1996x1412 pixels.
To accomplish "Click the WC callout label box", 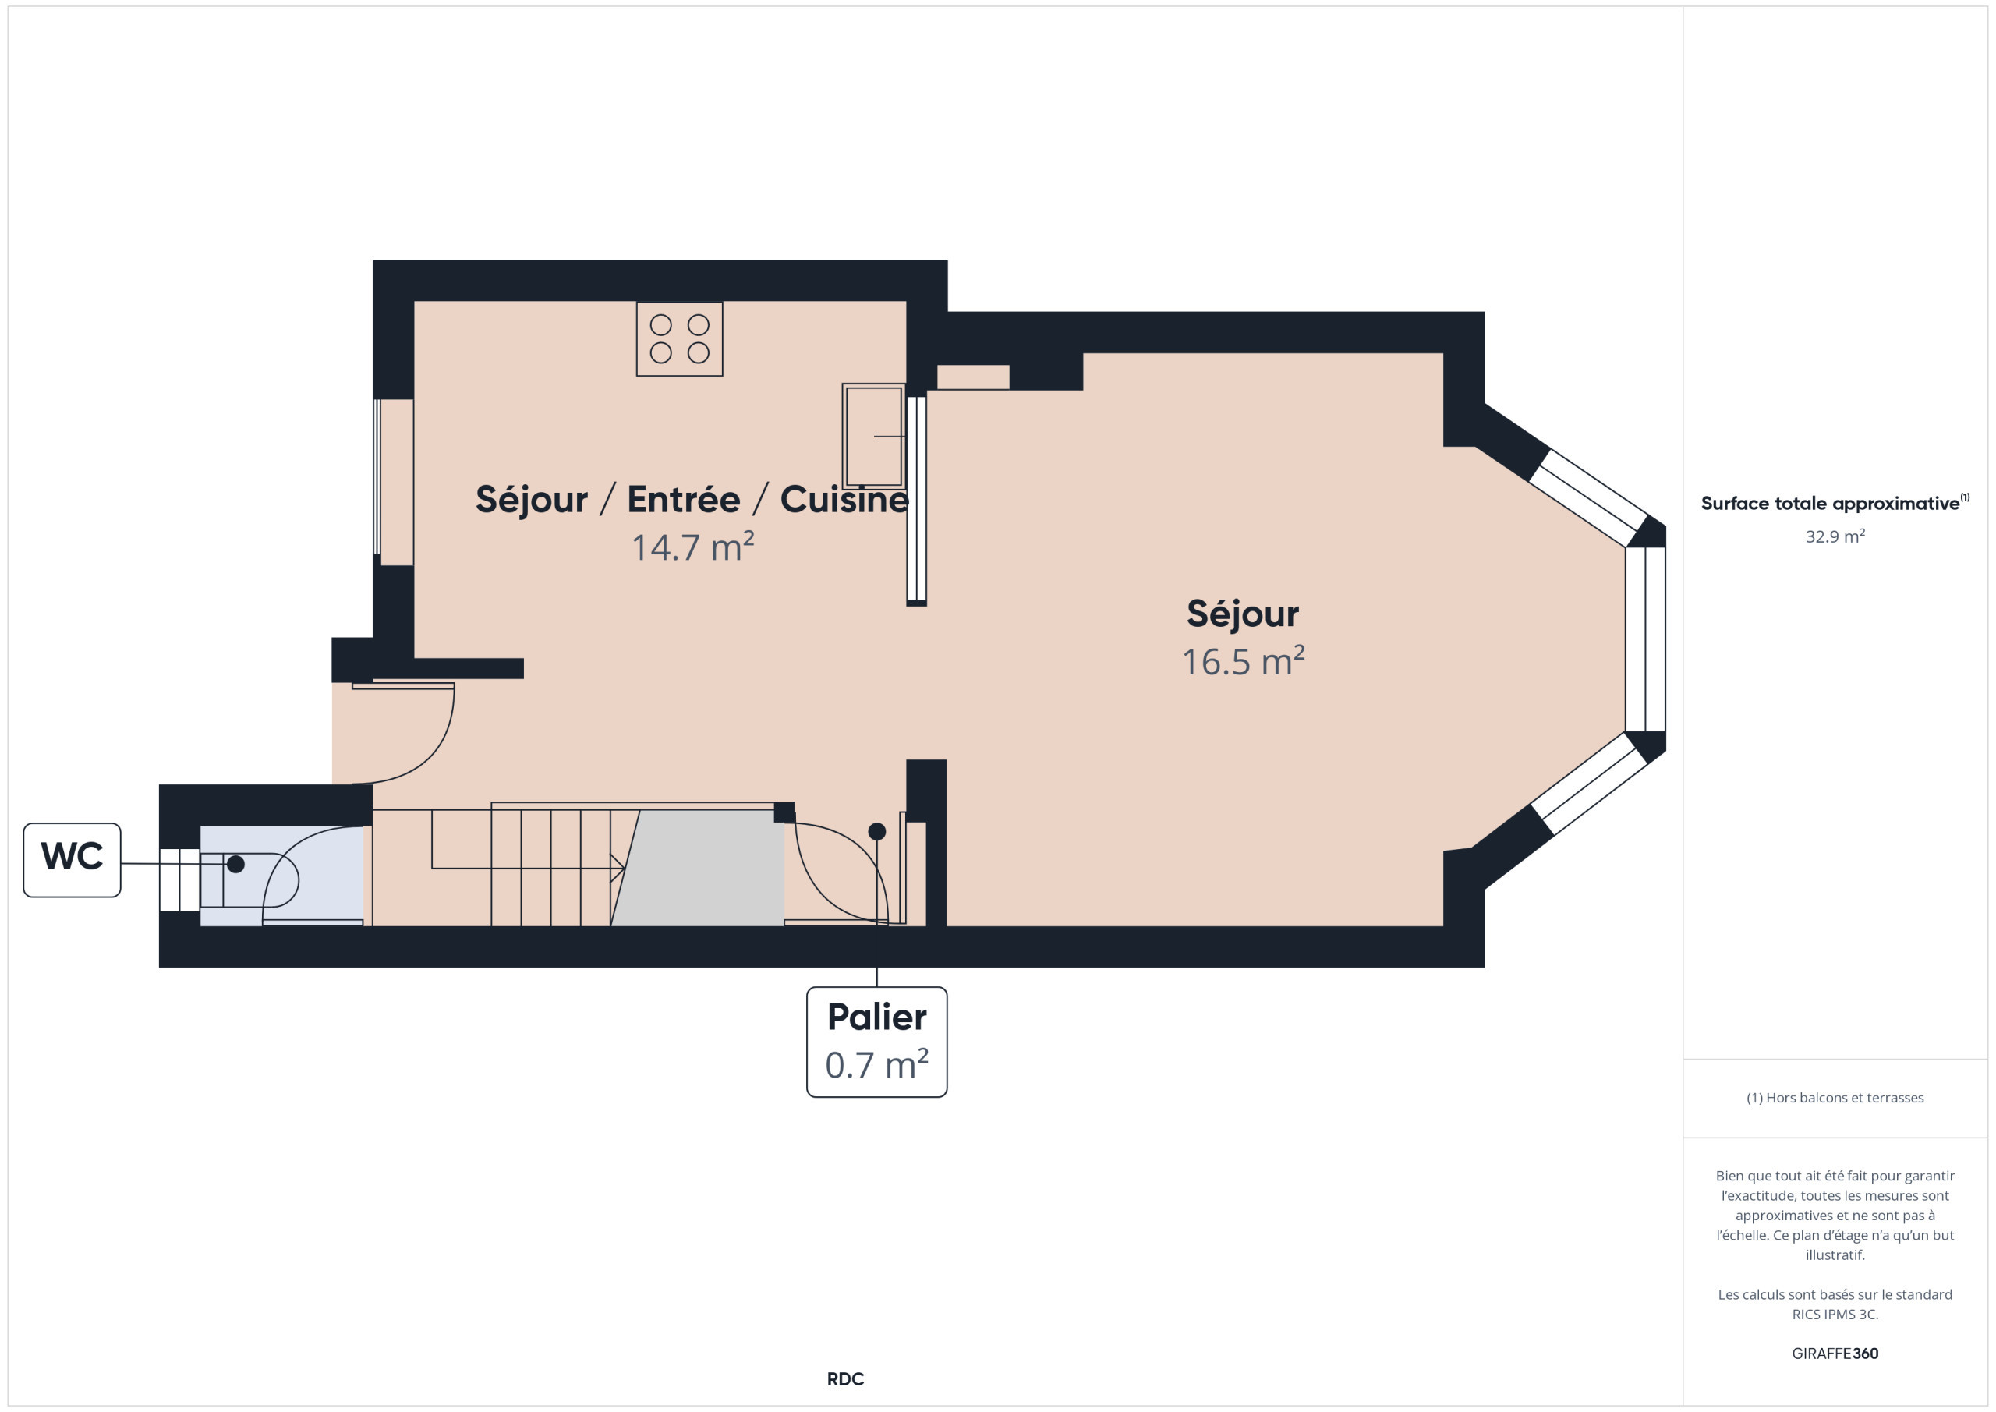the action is [x=73, y=860].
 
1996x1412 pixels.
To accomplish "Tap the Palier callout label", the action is [x=876, y=1042].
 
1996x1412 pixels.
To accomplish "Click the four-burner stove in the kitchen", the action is [x=680, y=339].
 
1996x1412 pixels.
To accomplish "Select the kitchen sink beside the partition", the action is [x=874, y=436].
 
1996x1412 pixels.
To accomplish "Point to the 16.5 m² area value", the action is [x=1243, y=662].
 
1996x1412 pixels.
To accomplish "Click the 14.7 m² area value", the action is [x=693, y=547].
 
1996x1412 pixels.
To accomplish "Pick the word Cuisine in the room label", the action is [x=844, y=499].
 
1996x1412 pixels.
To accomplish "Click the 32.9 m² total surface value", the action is [x=1835, y=536].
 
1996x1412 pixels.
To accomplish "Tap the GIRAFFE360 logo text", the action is [x=1835, y=1354].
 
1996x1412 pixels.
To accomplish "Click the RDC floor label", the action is [x=845, y=1379].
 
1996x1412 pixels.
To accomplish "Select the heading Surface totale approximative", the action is [x=1830, y=504].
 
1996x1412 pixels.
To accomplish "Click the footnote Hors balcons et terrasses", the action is [x=1835, y=1098].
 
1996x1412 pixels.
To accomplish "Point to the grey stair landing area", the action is [x=698, y=868].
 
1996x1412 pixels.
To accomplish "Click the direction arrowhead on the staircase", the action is [x=618, y=868].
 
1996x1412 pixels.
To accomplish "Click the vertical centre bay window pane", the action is [x=1646, y=639].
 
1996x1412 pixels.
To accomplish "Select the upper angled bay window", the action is [x=1588, y=497].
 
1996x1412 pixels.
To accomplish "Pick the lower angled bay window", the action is [x=1588, y=783].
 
